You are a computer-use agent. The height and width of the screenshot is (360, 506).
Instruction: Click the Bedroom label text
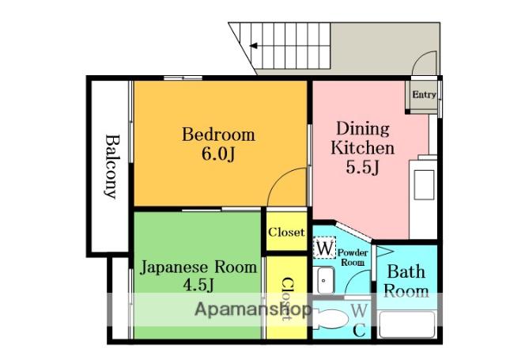tap(218, 135)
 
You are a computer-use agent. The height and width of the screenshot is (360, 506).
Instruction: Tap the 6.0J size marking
tap(218, 154)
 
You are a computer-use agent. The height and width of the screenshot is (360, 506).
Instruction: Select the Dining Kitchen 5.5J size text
tap(362, 168)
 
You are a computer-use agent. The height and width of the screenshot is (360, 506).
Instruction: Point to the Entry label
tap(424, 95)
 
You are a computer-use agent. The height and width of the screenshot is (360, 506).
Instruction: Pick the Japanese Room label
tap(198, 267)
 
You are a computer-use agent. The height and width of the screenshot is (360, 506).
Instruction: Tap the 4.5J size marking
tap(198, 285)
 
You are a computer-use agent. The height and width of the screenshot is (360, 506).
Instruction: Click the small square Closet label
tap(286, 232)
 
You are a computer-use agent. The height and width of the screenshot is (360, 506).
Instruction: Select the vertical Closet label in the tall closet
tap(287, 298)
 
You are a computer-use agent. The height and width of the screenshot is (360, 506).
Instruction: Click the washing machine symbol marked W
tap(325, 248)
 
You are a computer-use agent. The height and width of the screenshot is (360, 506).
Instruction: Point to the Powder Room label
tap(353, 257)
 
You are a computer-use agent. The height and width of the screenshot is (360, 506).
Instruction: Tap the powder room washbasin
tap(323, 280)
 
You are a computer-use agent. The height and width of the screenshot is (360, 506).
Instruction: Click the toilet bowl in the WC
tap(330, 319)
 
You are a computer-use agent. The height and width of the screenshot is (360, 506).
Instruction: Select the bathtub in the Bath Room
tap(407, 324)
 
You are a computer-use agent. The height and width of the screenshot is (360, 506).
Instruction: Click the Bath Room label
tap(406, 281)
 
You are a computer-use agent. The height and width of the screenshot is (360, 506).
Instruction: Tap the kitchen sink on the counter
tap(424, 185)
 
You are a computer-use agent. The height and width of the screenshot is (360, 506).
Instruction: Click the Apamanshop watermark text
tap(253, 309)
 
